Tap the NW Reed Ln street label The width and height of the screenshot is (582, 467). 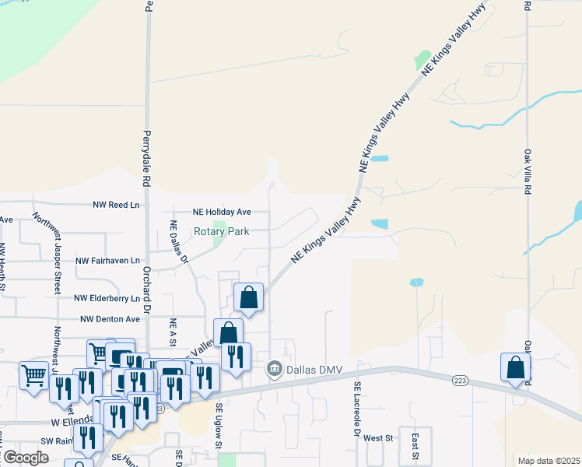pyautogui.click(x=116, y=205)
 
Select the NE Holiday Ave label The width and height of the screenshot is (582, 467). pyautogui.click(x=223, y=212)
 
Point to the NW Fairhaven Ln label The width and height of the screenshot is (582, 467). pyautogui.click(x=107, y=260)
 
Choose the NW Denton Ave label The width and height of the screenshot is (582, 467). pyautogui.click(x=110, y=318)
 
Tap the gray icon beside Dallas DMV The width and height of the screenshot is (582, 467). pyautogui.click(x=274, y=368)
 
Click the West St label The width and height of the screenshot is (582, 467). pyautogui.click(x=378, y=438)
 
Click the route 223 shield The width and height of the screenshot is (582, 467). pyautogui.click(x=459, y=380)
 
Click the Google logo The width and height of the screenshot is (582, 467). pyautogui.click(x=25, y=458)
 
